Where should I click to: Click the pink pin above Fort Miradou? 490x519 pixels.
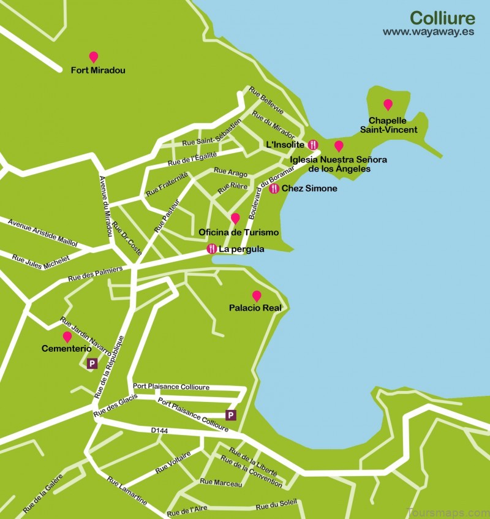point(93,57)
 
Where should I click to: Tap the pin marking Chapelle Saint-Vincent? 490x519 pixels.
point(388,105)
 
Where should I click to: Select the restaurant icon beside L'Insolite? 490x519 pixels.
point(313,145)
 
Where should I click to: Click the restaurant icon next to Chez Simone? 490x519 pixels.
point(274,189)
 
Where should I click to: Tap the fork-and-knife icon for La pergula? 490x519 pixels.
point(212,249)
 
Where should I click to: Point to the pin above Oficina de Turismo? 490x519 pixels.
point(235,218)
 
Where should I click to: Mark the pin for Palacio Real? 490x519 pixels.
point(257,296)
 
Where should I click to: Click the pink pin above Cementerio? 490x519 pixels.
point(67,337)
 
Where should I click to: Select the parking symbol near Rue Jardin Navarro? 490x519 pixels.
point(92,363)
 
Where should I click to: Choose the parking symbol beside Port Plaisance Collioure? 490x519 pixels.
point(231,415)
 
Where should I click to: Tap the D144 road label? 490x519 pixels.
point(159,431)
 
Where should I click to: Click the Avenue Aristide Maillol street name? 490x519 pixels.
point(42,232)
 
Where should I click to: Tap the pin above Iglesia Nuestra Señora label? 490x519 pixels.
point(338,146)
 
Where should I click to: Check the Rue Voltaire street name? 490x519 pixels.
point(173,463)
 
